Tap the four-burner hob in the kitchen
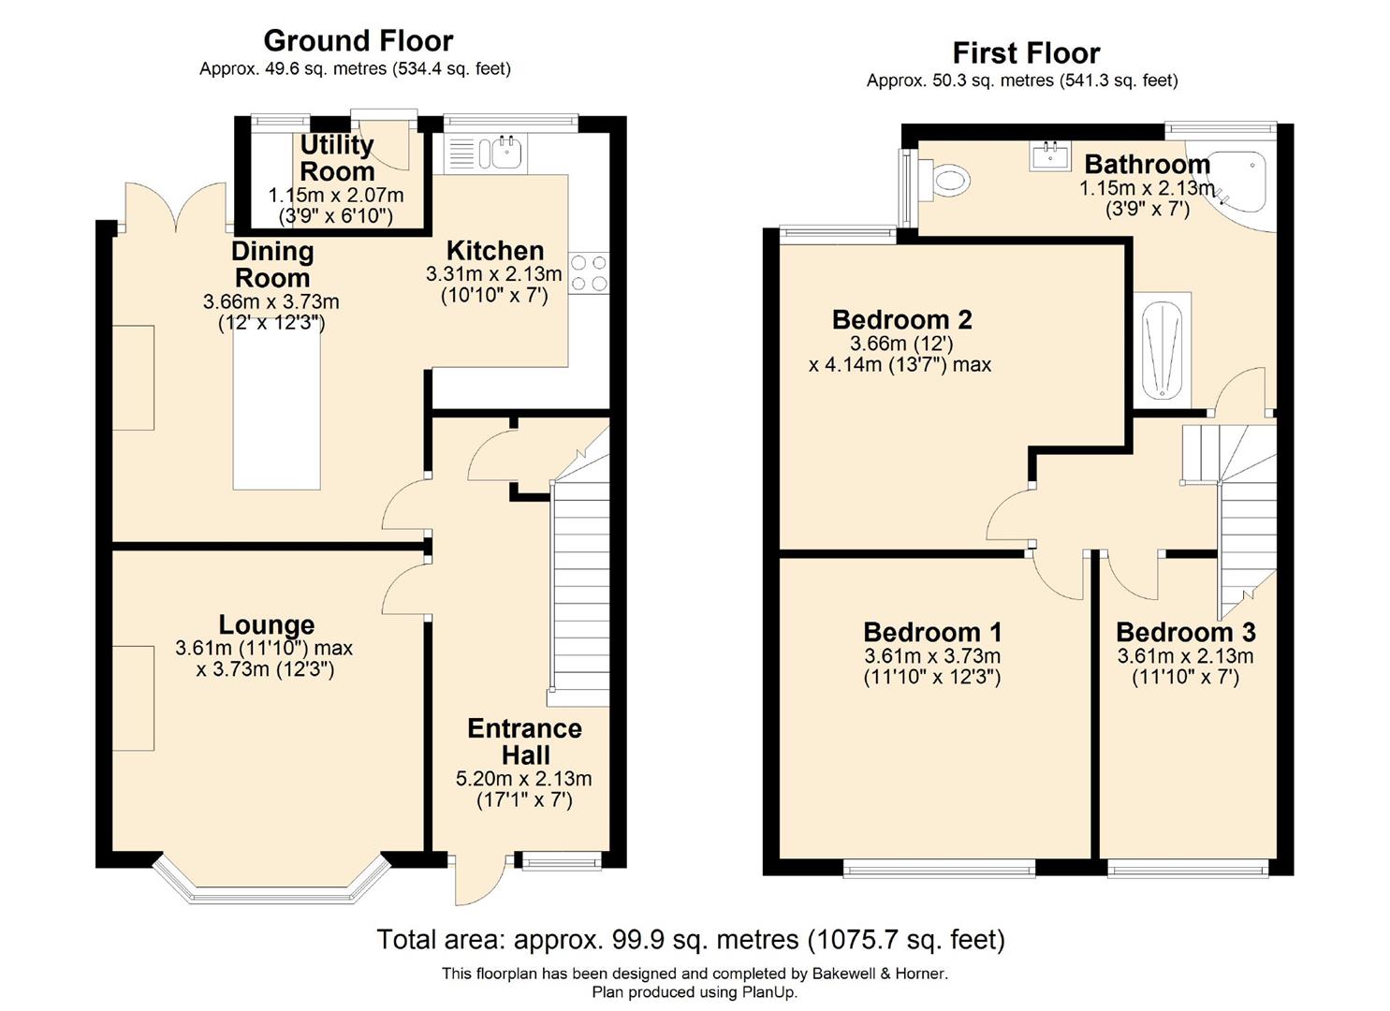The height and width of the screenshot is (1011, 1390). coord(589,273)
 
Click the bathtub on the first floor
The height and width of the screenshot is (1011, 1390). coord(1162,349)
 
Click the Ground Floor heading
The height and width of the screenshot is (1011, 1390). coord(358,41)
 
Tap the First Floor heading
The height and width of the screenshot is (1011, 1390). coord(1027,53)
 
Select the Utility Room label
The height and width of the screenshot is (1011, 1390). coord(337,157)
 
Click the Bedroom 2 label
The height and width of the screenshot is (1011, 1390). coord(901,320)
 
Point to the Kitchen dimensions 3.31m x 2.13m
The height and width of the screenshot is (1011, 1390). coord(494,273)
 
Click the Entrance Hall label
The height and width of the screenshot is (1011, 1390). coord(525,741)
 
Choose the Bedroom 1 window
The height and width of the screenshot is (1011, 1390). coord(939,868)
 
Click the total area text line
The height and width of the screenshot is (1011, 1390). coord(691,940)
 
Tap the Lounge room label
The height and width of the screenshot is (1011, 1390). coord(267,625)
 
